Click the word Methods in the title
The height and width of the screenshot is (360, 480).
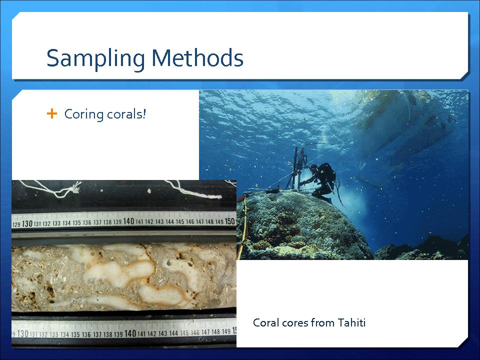[x=197, y=58]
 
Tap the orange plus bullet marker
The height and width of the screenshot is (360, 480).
[x=52, y=113]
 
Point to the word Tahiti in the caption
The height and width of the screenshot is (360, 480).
[x=351, y=322]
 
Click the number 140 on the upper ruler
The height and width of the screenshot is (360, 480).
[x=128, y=221]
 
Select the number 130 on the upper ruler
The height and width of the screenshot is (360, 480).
[x=27, y=224]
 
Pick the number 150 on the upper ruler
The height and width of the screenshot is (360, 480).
[x=229, y=221]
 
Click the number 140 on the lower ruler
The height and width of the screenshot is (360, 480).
[x=130, y=333]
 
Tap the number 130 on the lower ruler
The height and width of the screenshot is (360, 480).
[x=22, y=333]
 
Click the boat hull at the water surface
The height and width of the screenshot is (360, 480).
[x=407, y=122]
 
